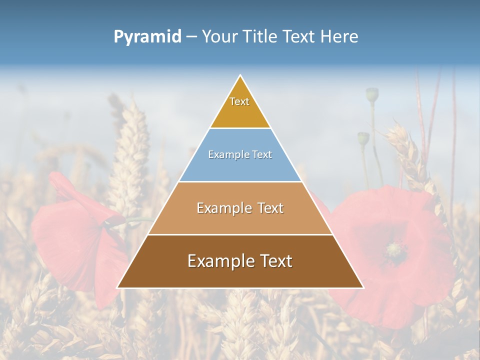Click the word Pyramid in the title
[x=147, y=37]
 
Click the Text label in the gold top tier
[x=239, y=101]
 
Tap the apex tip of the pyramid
[x=240, y=75]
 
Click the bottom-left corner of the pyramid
[x=117, y=287]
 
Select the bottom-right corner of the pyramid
[x=363, y=287]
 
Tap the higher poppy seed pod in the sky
[x=372, y=94]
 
